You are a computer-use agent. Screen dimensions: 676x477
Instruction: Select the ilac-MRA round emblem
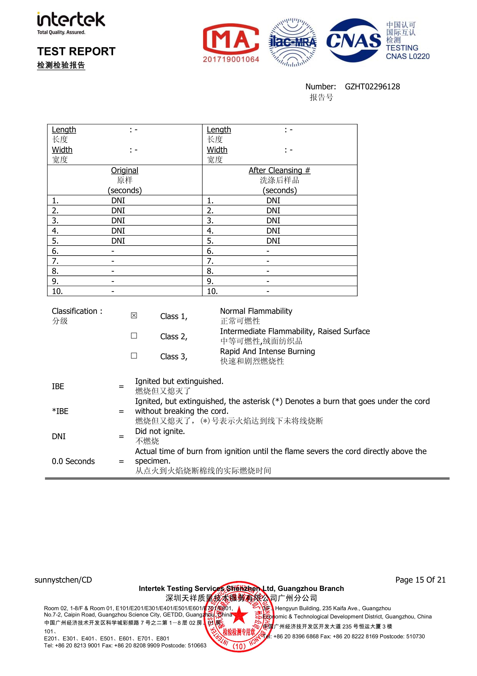pyautogui.click(x=293, y=42)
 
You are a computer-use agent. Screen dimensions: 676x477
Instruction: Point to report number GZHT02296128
pyautogui.click(x=372, y=87)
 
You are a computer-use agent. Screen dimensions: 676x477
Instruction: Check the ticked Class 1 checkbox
pyautogui.click(x=134, y=316)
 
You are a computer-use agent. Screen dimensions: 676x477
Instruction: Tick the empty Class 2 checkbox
pyautogui.click(x=134, y=336)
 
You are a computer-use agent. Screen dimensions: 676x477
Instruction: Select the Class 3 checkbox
pyautogui.click(x=134, y=356)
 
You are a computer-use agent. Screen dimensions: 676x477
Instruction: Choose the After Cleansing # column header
pyautogui.click(x=279, y=170)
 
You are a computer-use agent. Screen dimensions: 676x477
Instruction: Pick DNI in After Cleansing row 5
pyautogui.click(x=273, y=241)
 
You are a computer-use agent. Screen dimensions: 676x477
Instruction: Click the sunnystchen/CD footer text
pyautogui.click(x=63, y=580)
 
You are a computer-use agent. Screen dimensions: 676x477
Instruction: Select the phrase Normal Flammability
pyautogui.click(x=256, y=311)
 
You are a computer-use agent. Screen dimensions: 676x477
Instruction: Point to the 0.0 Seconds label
pyautogui.click(x=73, y=461)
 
